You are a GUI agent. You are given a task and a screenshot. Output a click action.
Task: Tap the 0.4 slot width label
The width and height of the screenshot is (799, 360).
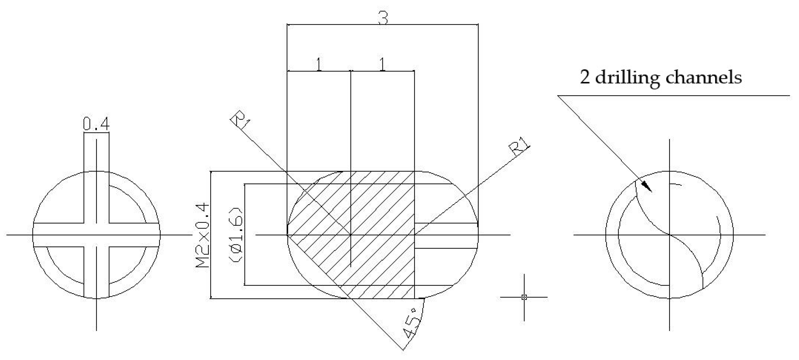click(x=96, y=124)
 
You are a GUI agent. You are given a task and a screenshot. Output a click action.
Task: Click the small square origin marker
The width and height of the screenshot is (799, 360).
click(x=524, y=297)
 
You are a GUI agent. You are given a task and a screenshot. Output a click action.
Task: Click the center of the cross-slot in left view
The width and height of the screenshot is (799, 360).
click(x=97, y=235)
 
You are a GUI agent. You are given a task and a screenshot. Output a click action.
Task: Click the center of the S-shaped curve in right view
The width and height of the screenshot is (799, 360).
click(x=669, y=235)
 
